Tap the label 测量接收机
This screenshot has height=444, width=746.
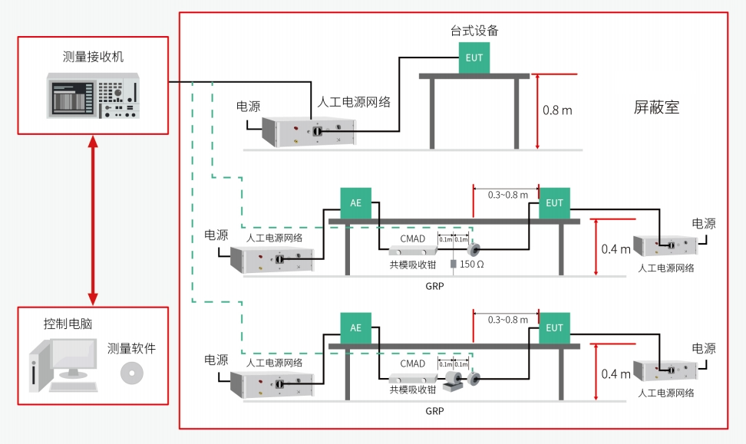(93, 57)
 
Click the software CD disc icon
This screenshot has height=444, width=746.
(132, 373)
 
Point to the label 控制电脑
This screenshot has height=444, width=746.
(68, 324)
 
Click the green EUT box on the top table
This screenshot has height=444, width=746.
(474, 58)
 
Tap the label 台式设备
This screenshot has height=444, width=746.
(474, 31)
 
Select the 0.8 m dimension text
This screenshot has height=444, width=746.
(557, 110)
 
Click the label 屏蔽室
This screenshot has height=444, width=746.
(656, 107)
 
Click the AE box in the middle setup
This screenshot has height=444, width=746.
(355, 203)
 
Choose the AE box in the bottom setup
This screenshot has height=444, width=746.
(355, 327)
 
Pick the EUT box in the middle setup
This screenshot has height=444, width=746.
(554, 203)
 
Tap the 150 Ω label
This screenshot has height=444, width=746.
(472, 265)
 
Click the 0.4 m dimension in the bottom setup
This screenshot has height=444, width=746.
(616, 373)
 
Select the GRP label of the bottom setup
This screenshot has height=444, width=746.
(434, 410)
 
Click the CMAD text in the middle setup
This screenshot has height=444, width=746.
(413, 238)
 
